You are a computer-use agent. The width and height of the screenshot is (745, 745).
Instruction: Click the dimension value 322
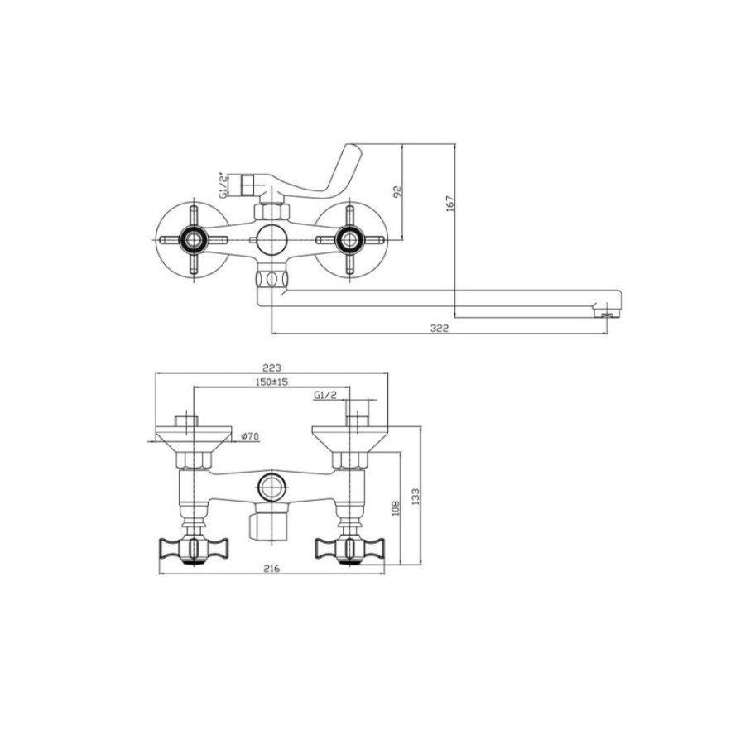[439, 329]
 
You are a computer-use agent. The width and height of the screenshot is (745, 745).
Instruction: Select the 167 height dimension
[450, 204]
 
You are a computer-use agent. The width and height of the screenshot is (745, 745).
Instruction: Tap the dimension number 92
[398, 191]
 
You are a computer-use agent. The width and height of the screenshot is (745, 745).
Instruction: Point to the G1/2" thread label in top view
[223, 185]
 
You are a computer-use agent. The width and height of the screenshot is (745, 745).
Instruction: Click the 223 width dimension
[272, 368]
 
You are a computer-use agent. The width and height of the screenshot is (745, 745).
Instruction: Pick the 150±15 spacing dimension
[272, 382]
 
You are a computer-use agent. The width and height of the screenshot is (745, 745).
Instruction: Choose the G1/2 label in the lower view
[325, 395]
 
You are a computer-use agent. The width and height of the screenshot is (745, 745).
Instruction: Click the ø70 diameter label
[250, 436]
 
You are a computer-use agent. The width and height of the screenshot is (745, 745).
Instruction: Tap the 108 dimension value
[397, 508]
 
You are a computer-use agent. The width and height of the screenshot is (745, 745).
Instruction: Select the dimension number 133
[416, 497]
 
